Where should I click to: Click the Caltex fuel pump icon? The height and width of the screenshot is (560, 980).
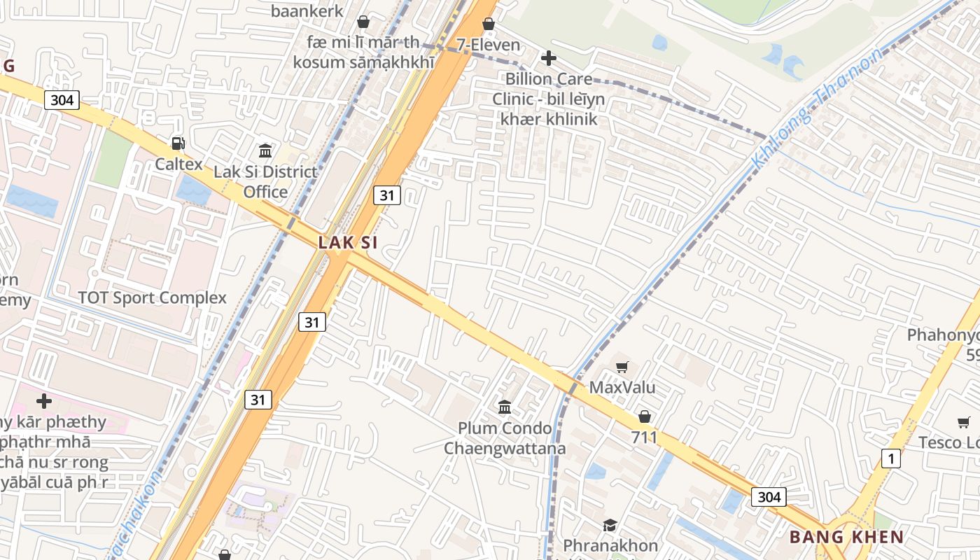pyautogui.click(x=178, y=143)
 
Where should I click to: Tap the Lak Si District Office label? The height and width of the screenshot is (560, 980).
pyautogui.click(x=265, y=182)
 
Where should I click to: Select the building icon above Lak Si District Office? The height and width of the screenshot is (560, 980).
pyautogui.click(x=265, y=150)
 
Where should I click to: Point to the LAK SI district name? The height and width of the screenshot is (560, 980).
pyautogui.click(x=348, y=243)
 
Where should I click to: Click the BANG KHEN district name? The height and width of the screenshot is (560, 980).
pyautogui.click(x=846, y=538)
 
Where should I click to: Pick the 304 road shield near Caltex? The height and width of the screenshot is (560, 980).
pyautogui.click(x=62, y=100)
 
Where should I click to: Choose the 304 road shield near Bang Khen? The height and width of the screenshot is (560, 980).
pyautogui.click(x=769, y=497)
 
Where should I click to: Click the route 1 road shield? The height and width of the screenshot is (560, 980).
pyautogui.click(x=890, y=459)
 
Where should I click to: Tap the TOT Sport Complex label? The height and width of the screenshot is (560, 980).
pyautogui.click(x=153, y=297)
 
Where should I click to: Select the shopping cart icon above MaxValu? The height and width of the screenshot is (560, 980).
pyautogui.click(x=622, y=366)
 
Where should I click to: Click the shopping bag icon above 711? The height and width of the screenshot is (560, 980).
pyautogui.click(x=644, y=416)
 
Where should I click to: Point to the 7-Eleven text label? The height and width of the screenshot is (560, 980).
pyautogui.click(x=489, y=45)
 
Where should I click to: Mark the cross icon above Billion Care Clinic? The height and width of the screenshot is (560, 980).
pyautogui.click(x=549, y=58)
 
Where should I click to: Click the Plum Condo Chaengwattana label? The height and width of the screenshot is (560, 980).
pyautogui.click(x=504, y=437)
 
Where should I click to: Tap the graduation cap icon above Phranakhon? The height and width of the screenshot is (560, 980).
pyautogui.click(x=610, y=525)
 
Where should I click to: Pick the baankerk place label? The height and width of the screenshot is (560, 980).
pyautogui.click(x=307, y=11)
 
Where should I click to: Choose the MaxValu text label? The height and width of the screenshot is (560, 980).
pyautogui.click(x=622, y=387)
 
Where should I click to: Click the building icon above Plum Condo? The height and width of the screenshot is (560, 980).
pyautogui.click(x=504, y=407)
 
